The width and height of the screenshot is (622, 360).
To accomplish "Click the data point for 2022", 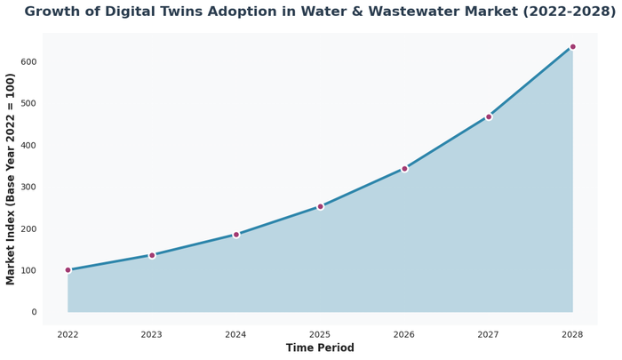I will point(68,270).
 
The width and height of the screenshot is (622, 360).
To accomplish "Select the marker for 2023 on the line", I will point(152,255).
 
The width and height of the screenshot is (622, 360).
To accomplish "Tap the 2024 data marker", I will point(236,235).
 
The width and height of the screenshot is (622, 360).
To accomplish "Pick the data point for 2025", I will point(321,206).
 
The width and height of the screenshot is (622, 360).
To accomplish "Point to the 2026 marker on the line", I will point(404,168).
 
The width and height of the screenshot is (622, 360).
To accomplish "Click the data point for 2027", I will point(489,116).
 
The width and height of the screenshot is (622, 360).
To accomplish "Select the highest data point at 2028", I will point(572,46).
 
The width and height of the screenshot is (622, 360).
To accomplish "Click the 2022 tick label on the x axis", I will point(68,334).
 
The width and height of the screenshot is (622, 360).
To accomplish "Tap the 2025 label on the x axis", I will point(321,334).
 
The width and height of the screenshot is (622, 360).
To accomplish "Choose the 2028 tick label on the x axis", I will point(572,334).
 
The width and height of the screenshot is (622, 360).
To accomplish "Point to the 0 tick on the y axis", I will point(34,312).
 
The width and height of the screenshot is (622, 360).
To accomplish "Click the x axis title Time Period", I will point(320,348).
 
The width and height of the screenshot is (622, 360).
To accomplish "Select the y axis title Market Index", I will point(11,179).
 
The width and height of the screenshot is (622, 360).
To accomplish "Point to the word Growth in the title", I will point(56,12).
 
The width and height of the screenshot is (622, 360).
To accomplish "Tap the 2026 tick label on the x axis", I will point(404,334).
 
